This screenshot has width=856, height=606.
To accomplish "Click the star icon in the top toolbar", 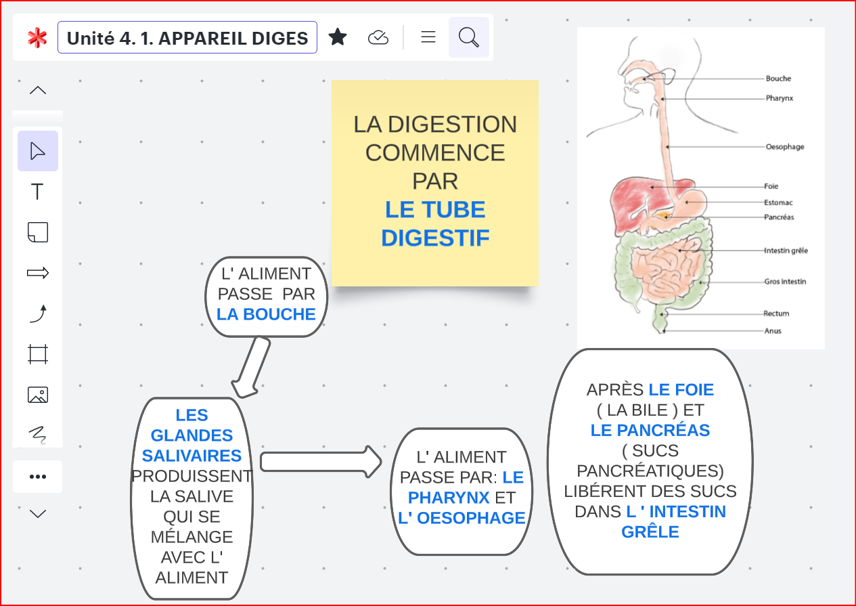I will (338, 37).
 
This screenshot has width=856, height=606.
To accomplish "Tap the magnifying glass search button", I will (468, 37).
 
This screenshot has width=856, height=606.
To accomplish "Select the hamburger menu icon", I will (428, 37).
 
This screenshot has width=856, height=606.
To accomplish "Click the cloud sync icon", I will (378, 38).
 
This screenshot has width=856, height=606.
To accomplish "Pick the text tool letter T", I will (38, 192).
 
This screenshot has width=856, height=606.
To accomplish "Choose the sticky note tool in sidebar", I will (38, 232).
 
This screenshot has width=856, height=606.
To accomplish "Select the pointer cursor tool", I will (38, 151).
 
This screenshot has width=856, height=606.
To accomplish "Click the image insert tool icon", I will (38, 395).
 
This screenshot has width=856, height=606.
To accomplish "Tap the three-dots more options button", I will (38, 477).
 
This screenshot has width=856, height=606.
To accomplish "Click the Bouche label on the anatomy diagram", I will (778, 79).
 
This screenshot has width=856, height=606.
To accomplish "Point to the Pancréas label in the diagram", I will (779, 217).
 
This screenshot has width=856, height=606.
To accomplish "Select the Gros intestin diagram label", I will (785, 282).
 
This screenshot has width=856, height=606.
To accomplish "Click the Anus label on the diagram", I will (772, 331).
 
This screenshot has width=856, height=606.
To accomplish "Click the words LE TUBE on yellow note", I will (435, 210).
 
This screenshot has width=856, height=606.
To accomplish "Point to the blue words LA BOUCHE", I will (266, 314).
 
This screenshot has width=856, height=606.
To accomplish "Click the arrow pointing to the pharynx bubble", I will (321, 461).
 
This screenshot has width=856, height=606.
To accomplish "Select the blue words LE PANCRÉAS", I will (650, 430).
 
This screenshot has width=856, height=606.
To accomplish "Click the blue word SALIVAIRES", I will (192, 456).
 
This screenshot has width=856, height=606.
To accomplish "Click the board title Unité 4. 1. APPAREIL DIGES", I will (187, 38).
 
